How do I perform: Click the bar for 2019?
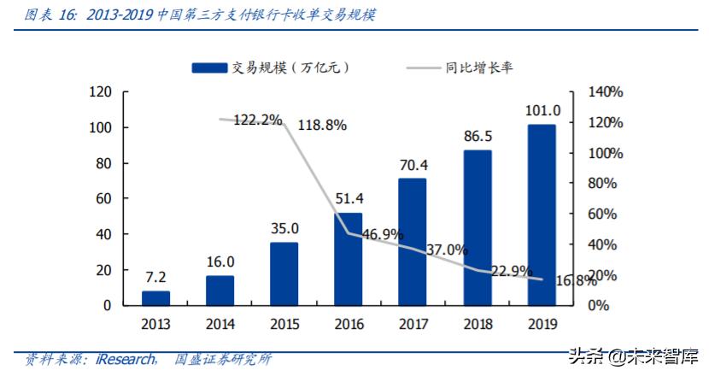coord(542,214)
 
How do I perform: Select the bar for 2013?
coord(155,297)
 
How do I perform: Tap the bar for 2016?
coord(349,259)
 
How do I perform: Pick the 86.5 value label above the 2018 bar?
coord(478,137)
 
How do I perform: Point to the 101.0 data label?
coord(542,110)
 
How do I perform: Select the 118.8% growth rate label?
coord(322,126)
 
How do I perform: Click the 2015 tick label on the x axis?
coord(284,324)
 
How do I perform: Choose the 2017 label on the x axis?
coord(413,324)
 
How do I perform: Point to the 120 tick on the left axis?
coord(101,92)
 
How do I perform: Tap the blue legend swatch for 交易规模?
coord(208,68)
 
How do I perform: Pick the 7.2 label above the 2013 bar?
coord(155,278)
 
